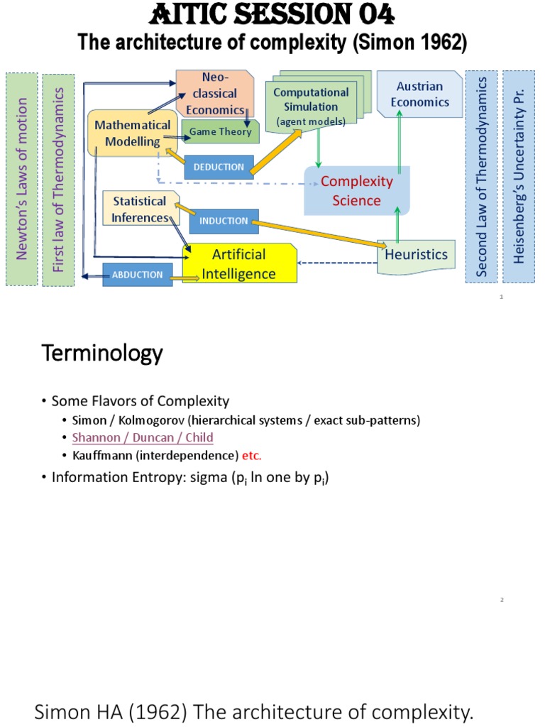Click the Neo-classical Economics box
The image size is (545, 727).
[214, 93]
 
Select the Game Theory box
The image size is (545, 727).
[220, 132]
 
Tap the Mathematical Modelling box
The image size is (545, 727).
[133, 133]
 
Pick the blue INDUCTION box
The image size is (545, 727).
[224, 221]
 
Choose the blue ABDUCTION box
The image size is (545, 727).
[137, 275]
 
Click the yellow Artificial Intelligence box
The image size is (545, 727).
[239, 264]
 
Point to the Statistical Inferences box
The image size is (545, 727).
[139, 209]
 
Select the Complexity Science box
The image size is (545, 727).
[357, 191]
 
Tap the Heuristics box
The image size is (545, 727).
[416, 254]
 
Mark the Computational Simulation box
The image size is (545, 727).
[311, 106]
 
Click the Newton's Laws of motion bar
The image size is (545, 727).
[21, 178]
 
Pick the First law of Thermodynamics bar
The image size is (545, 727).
[58, 178]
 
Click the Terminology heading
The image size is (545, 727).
[102, 353]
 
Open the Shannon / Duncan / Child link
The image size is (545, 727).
[143, 437]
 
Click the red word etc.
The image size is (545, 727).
[252, 455]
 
